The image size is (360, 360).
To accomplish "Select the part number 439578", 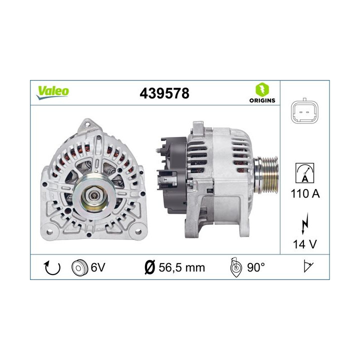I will tap(165, 93).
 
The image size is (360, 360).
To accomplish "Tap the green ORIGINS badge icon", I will tap(261, 89).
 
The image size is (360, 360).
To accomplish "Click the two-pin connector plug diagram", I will tap(304, 111).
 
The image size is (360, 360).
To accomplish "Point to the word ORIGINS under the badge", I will tap(261, 100).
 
